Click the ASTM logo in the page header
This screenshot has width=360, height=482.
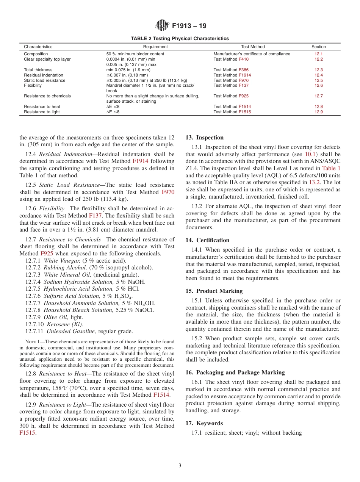click(163, 26)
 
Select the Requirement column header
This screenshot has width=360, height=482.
click(155, 47)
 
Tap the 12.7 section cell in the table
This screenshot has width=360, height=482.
click(318, 96)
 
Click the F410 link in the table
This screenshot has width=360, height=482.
click(244, 59)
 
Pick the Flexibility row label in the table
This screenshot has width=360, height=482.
click(33, 86)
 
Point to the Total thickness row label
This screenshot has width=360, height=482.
click(38, 70)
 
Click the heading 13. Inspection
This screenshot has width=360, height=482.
click(205, 138)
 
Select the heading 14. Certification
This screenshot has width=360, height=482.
click(207, 240)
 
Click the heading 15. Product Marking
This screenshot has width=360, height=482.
click(214, 291)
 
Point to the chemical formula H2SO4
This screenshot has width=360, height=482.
click(122, 296)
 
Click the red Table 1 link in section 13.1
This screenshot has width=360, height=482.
click(331, 168)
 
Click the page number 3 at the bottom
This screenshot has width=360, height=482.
click(180, 466)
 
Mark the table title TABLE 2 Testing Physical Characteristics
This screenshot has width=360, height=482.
click(180, 39)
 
